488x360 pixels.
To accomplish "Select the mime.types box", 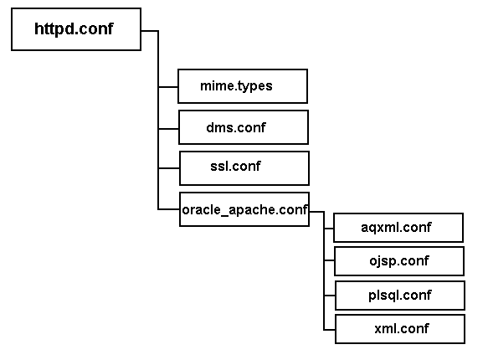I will (243, 86).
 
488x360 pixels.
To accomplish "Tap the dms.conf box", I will (244, 127).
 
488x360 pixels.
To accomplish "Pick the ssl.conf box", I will (244, 167).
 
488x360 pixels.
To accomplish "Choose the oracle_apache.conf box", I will (244, 209).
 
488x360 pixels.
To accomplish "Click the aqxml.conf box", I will (399, 228).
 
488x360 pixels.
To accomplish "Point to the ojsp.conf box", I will (399, 260).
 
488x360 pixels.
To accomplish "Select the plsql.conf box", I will (399, 295).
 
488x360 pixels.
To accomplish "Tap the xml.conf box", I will (399, 327).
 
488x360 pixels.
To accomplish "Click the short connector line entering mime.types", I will (168, 86).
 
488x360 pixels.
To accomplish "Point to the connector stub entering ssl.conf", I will (169, 167).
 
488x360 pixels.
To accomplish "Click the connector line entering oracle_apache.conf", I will (169, 209).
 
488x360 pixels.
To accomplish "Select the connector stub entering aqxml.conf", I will (328, 228).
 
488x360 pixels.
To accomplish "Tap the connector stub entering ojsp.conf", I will (328, 260).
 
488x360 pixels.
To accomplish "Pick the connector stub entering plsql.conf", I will (328, 295).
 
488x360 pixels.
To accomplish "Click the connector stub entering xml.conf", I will (328, 327).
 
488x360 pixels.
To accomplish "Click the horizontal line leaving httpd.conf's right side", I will (149, 31).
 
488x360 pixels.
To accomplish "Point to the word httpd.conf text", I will (74, 29).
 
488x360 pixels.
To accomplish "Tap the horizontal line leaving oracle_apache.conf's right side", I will (316, 211).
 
